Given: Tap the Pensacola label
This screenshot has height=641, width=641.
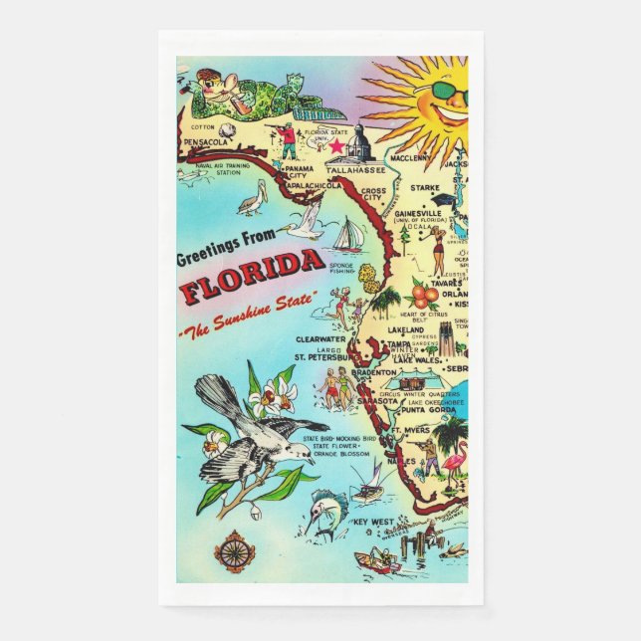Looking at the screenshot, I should [206, 143].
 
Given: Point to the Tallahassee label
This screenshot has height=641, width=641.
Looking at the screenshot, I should [347, 171].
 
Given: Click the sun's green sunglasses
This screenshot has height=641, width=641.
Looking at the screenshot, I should [449, 96].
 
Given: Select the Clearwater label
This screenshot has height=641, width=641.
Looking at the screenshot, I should [320, 339].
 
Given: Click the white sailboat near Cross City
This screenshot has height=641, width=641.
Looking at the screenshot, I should [347, 236].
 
